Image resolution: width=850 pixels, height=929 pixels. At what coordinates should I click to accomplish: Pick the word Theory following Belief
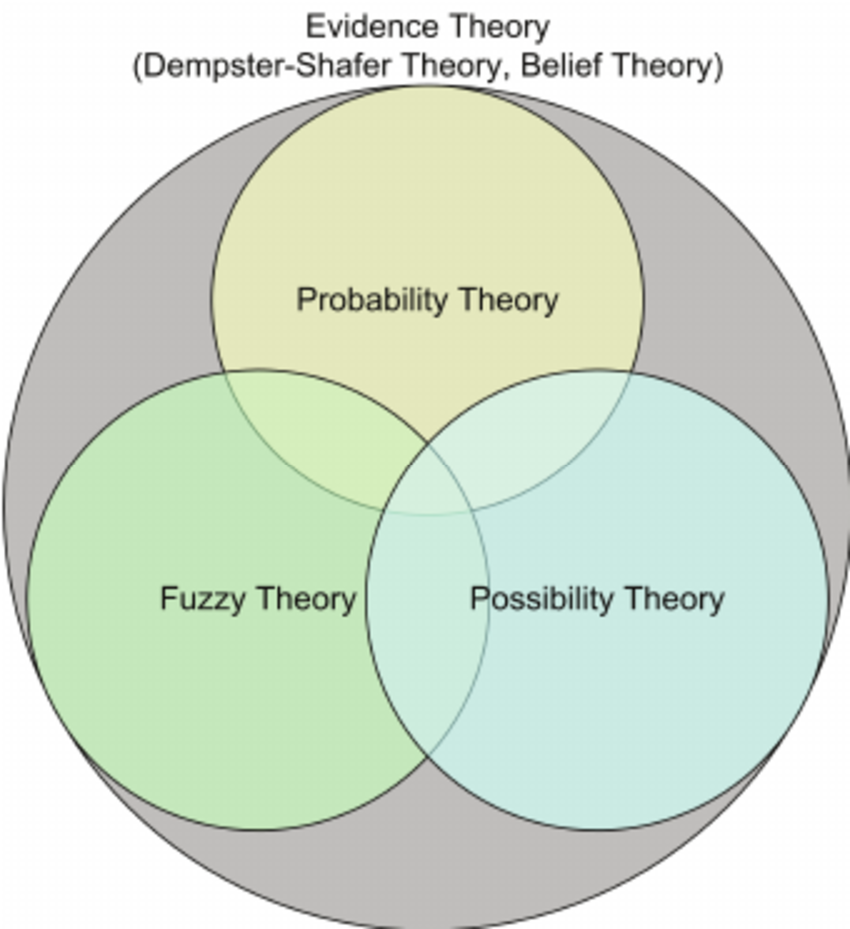[x=665, y=67]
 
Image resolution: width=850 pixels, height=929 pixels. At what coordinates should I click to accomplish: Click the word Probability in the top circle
[x=373, y=299]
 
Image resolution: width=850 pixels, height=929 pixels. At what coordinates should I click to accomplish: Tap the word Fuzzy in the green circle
[x=203, y=598]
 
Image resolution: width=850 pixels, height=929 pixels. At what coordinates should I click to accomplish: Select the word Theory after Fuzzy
[x=305, y=598]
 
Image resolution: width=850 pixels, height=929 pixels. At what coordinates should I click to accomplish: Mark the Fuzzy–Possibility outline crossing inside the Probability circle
[x=428, y=443]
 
